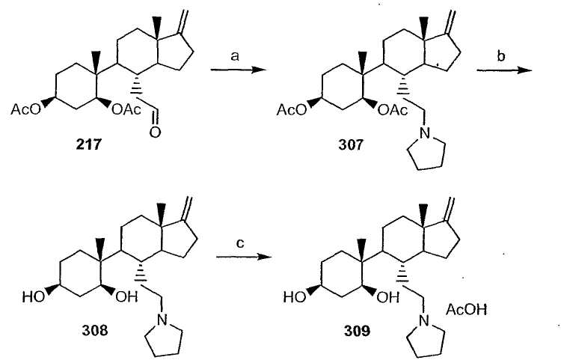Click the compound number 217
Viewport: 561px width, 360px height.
89,145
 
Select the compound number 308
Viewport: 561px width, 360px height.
95,330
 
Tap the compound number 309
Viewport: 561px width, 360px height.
358,331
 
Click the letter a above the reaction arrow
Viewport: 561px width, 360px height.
235,57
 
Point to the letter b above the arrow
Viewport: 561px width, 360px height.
501,56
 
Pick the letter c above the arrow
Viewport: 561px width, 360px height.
240,243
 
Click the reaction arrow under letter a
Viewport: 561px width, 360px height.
239,70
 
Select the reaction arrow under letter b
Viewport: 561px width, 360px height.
505,70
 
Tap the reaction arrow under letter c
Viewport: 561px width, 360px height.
244,257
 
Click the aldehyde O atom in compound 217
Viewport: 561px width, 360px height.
155,132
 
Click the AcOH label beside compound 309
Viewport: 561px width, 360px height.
466,310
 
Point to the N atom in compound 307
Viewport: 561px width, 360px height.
425,133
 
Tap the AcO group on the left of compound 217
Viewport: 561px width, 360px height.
26,109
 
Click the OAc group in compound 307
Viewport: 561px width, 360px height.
393,111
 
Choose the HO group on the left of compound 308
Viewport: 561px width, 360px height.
34,296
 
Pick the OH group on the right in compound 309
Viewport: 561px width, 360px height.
387,297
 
